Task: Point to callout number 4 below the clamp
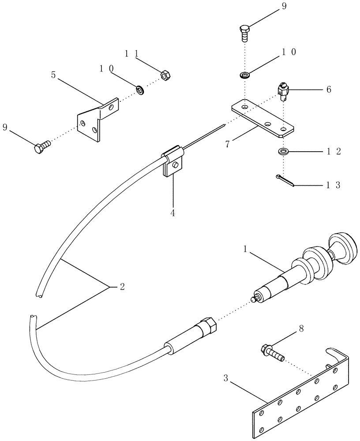click(x=172, y=213)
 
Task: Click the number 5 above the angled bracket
click(x=53, y=75)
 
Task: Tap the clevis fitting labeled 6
click(x=283, y=92)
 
